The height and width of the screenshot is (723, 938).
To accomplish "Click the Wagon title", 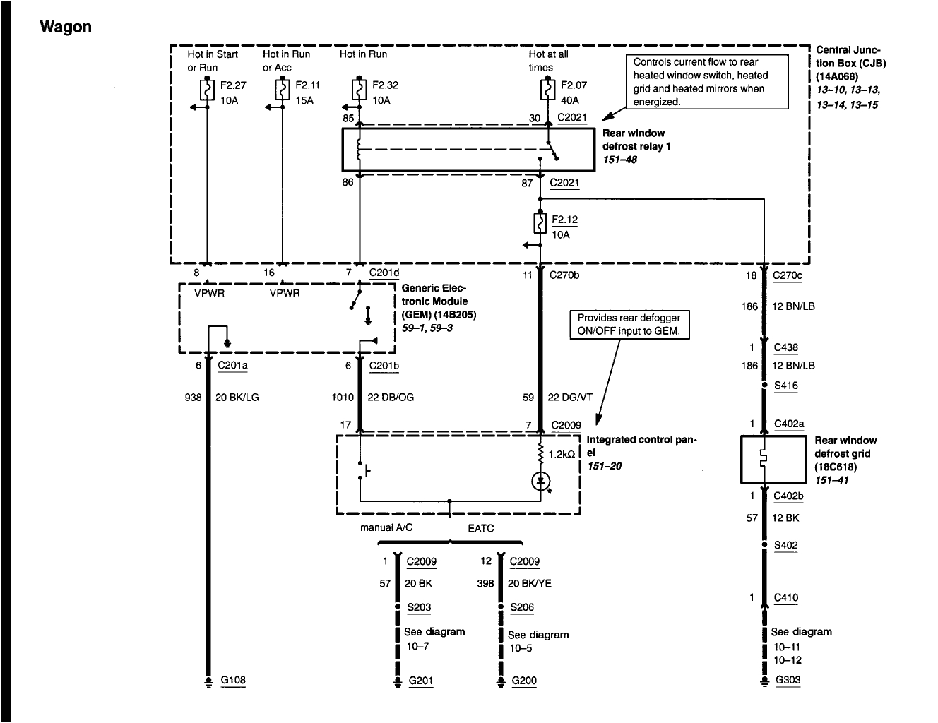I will point(66,27).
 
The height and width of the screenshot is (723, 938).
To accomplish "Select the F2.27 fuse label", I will point(233,85).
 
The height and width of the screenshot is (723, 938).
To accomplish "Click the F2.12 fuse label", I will point(564,220).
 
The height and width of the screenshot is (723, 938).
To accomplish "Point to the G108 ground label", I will point(233,681).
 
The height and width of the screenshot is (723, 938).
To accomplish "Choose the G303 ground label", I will point(788,681).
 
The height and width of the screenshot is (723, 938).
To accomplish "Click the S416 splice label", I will point(785,386).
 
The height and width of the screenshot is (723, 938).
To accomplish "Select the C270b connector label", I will point(564,275).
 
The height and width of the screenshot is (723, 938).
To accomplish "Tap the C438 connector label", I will point(785,347).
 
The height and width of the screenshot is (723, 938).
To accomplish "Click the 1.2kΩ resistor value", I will point(563,455).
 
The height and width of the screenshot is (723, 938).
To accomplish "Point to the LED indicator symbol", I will point(541,481).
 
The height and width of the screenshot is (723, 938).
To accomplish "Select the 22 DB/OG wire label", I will point(391,398).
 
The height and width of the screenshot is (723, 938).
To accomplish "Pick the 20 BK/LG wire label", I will point(237,398).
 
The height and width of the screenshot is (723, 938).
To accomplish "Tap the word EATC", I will point(480,528).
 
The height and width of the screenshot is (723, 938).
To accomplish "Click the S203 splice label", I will point(419,607).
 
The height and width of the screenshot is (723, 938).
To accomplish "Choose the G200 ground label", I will point(524,681).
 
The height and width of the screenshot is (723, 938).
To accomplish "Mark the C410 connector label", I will point(785,598).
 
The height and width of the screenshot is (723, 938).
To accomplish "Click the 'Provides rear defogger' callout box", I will point(629,325).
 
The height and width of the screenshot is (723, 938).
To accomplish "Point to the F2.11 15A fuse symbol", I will point(282,90).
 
